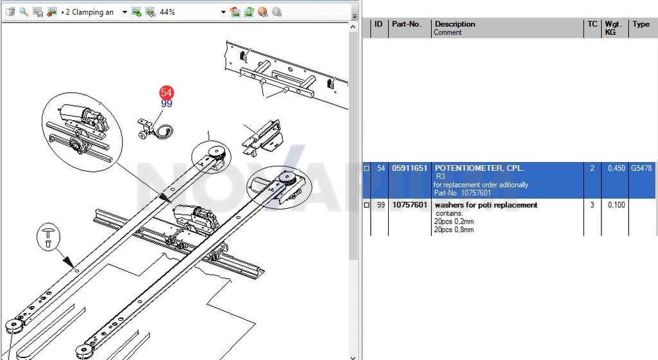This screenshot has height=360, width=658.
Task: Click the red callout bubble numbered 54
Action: point(166,93)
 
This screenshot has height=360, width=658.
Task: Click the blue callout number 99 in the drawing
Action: point(166,104)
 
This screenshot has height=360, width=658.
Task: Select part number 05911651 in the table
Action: point(409,168)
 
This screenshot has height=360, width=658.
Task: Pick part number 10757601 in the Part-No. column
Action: point(409,205)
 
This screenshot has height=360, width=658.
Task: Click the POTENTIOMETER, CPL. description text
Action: point(479,168)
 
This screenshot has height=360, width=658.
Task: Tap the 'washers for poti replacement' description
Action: point(486,205)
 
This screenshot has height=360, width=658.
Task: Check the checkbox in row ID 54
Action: point(366,168)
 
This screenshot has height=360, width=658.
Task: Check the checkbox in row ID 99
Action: point(366,205)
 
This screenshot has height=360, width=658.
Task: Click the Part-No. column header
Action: point(406,24)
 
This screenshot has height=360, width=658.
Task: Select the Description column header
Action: point(455,24)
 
